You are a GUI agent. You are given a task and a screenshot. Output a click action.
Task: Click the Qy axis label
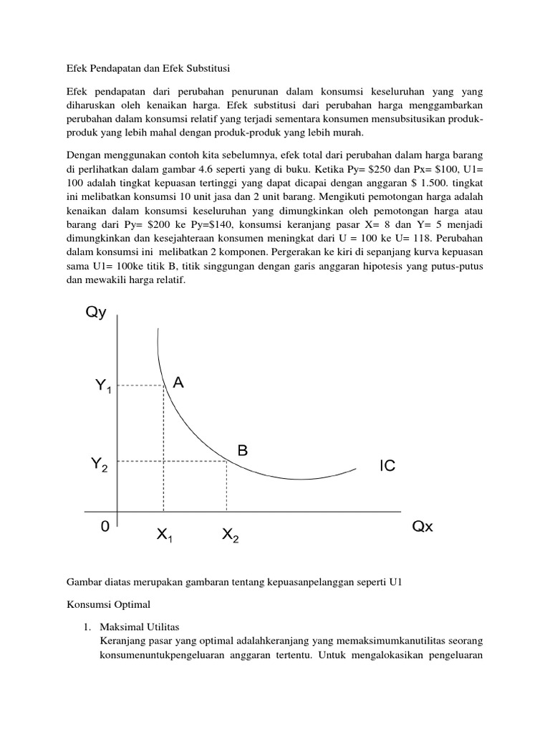[x=96, y=314]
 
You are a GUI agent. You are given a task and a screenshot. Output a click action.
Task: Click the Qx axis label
[x=423, y=528]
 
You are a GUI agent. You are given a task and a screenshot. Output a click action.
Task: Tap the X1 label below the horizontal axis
[x=164, y=535]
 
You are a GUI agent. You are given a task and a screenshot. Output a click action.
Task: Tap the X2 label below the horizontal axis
[x=230, y=535]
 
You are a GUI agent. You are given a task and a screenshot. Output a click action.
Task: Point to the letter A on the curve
[x=178, y=383]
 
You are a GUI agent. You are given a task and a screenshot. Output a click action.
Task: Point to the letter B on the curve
[x=243, y=451]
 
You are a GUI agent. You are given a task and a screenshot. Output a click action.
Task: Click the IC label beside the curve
[x=387, y=467]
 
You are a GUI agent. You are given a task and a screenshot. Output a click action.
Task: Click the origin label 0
[x=105, y=528]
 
